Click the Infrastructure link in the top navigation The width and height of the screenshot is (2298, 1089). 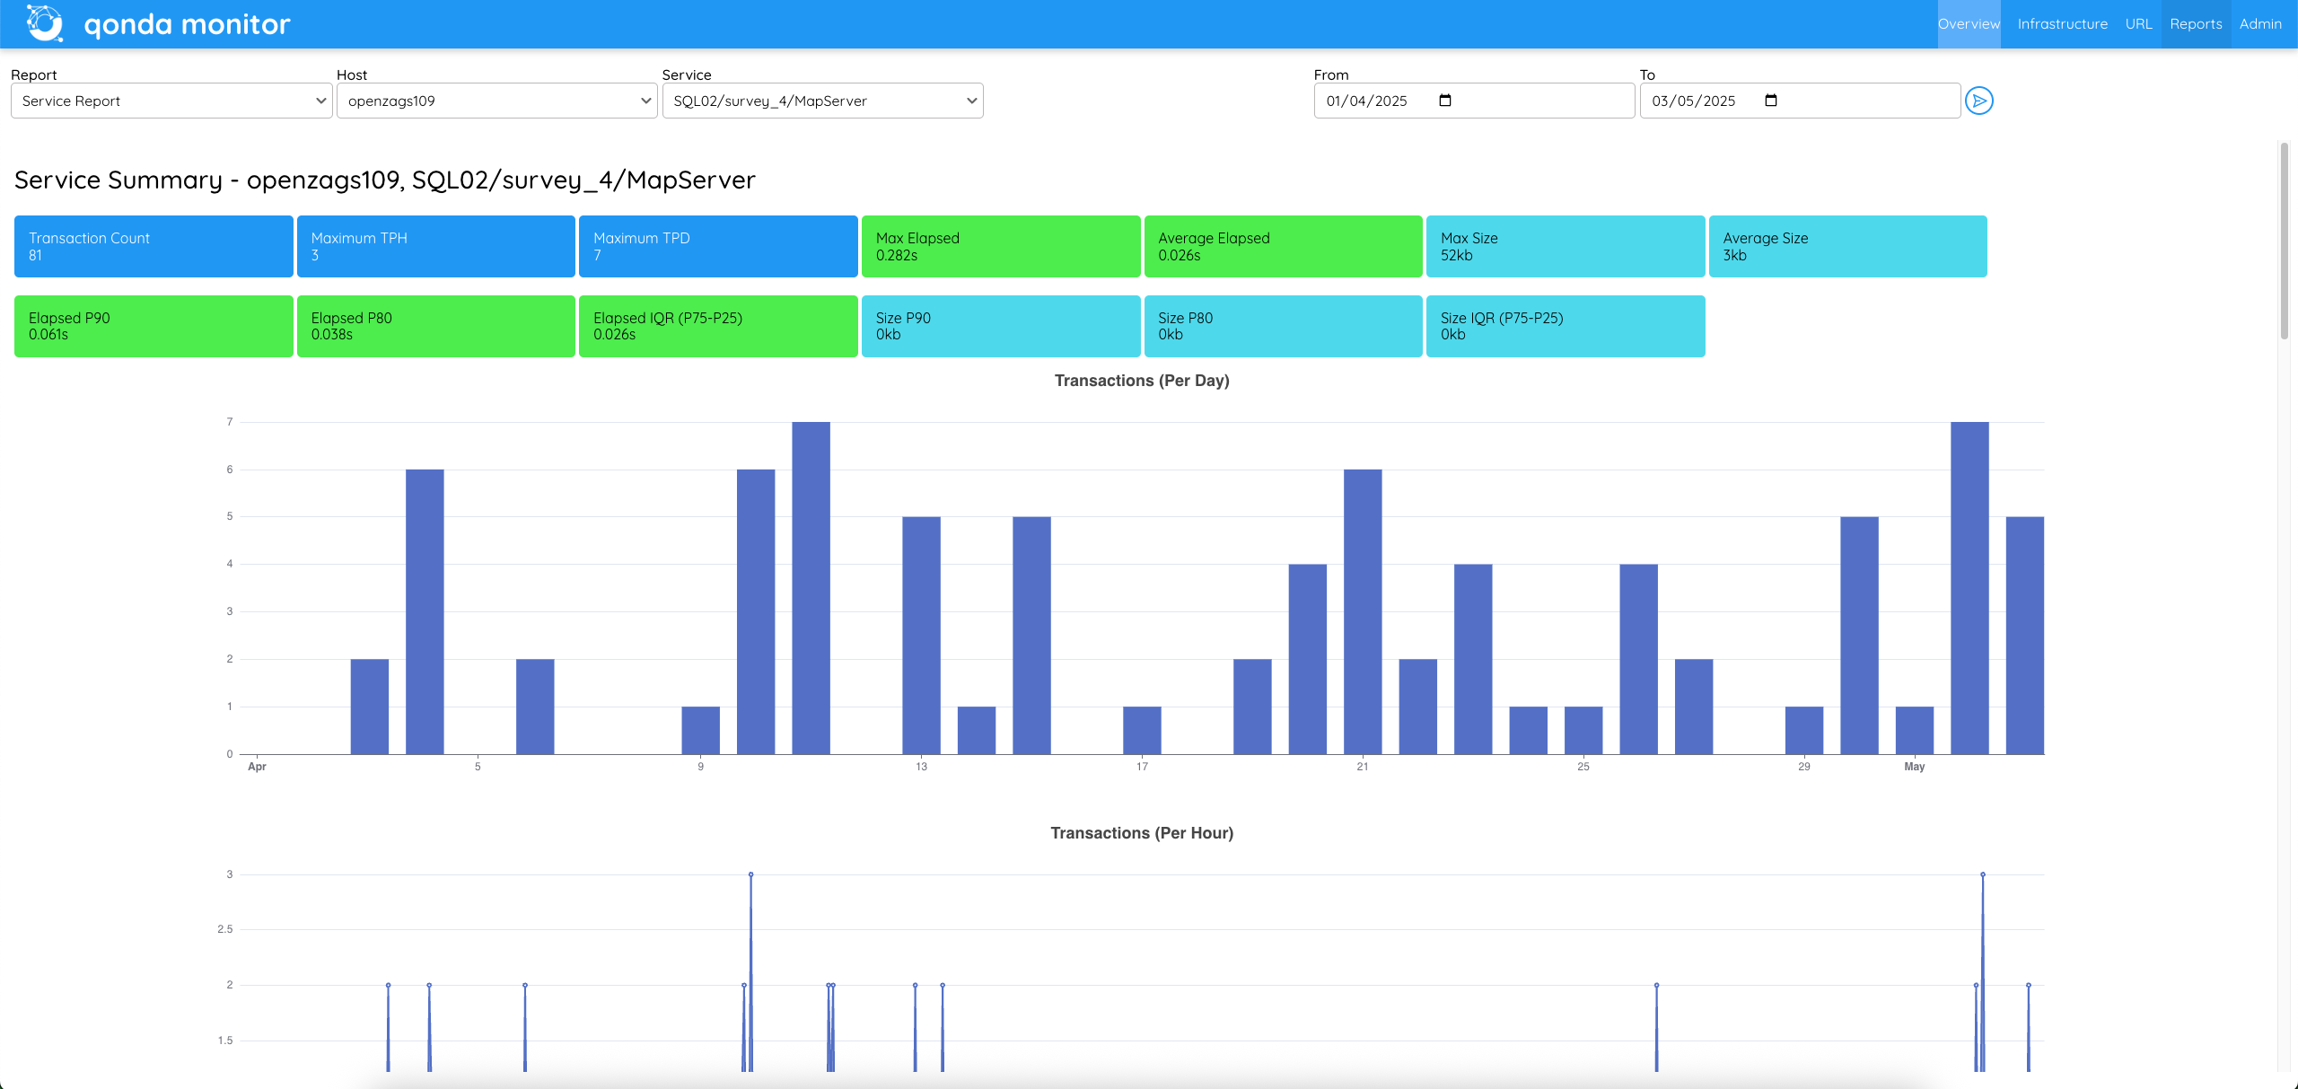[x=2062, y=24]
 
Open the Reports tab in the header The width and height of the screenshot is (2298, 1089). [x=2196, y=24]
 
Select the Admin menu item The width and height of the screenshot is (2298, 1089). [x=2259, y=24]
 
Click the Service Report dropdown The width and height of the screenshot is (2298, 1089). [x=171, y=101]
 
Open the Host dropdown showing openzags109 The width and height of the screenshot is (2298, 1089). [x=496, y=101]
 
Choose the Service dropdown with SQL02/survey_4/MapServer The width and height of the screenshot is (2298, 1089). [x=822, y=101]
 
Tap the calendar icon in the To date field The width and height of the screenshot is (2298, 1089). [x=1770, y=101]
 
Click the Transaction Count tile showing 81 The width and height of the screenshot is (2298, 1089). [x=153, y=246]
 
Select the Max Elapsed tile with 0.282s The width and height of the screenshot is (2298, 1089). [x=1000, y=246]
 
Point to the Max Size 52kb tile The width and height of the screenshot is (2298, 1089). [x=1565, y=246]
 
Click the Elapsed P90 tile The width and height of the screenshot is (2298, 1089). [x=153, y=326]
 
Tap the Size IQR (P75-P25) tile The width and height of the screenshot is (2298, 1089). [x=1565, y=326]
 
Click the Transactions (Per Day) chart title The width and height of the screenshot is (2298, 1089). [x=1141, y=381]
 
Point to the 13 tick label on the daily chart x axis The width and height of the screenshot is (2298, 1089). [x=921, y=767]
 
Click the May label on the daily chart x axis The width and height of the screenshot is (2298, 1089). [x=1914, y=767]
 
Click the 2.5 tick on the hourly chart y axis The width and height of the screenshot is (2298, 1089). [x=224, y=929]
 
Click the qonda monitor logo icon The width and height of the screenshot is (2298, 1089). [x=45, y=23]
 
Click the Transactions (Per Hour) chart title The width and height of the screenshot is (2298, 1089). [x=1141, y=833]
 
